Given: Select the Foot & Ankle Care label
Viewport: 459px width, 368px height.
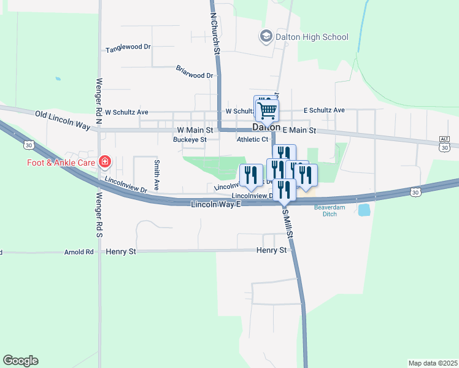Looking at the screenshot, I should pyautogui.click(x=61, y=163).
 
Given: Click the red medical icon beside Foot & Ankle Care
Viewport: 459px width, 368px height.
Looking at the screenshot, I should pyautogui.click(x=106, y=163).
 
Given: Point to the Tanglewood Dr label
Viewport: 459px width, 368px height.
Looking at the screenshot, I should pyautogui.click(x=128, y=48).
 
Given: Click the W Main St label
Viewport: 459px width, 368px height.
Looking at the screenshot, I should pyautogui.click(x=195, y=130).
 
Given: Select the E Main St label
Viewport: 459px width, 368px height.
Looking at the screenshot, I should pyautogui.click(x=299, y=130).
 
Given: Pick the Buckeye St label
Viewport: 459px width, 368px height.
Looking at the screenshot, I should pyautogui.click(x=190, y=139).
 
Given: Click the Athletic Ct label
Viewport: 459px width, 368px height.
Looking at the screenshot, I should pyautogui.click(x=252, y=139).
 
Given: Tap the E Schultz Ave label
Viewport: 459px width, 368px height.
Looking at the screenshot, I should pyautogui.click(x=324, y=110).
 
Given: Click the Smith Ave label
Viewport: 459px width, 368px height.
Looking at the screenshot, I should pyautogui.click(x=157, y=174).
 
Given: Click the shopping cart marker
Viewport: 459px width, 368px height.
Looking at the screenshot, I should pyautogui.click(x=267, y=110).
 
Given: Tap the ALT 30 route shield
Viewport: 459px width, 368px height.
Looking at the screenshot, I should pyautogui.click(x=445, y=144).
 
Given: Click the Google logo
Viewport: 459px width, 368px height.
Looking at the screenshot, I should pyautogui.click(x=20, y=361).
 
